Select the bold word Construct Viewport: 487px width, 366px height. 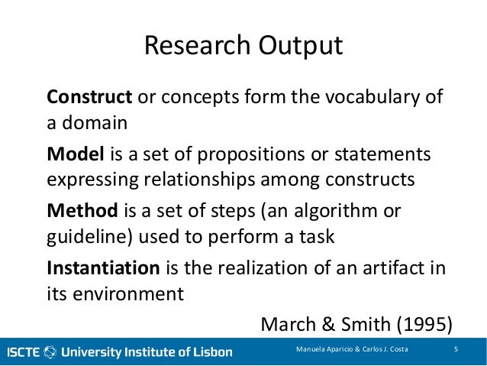point(90,99)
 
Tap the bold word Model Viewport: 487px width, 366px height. point(75,155)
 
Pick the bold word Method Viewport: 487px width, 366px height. point(80,210)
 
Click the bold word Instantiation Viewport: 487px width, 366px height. point(103,267)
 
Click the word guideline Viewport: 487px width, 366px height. point(82,236)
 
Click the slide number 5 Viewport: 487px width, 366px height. point(455,351)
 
